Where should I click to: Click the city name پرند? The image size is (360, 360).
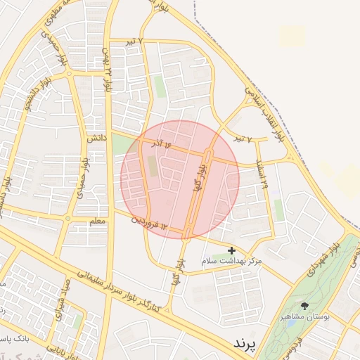click(x=245, y=342)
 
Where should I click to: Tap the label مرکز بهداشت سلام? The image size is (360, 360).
click(x=231, y=261)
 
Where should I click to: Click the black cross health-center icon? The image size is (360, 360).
click(x=232, y=250)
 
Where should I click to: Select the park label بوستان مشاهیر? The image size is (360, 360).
click(x=304, y=316)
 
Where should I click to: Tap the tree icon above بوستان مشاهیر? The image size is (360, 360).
click(x=304, y=306)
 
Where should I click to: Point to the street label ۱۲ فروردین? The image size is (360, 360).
click(x=150, y=223)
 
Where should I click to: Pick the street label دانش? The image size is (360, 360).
click(x=96, y=139)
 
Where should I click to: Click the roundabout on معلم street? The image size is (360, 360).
click(x=68, y=219)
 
